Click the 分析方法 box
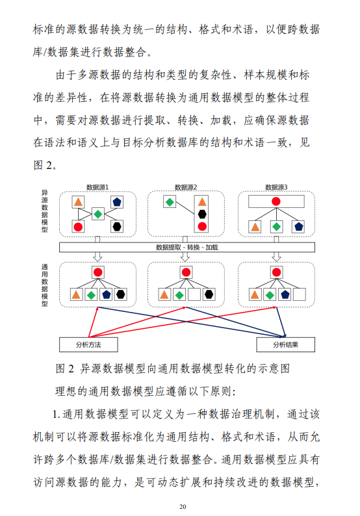click(88, 344)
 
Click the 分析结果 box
click(285, 344)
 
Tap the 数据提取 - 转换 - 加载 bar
click(187, 247)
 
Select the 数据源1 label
click(97, 187)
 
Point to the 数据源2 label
click(186, 187)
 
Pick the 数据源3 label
click(276, 187)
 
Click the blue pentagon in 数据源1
click(117, 201)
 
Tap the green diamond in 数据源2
click(170, 201)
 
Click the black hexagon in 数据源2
click(202, 214)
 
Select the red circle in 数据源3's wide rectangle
click(276, 201)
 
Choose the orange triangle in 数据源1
click(78, 201)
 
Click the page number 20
click(183, 507)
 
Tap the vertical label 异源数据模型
click(45, 211)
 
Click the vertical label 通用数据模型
click(45, 285)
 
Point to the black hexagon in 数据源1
click(117, 226)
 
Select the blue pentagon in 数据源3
click(298, 226)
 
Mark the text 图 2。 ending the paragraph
click(45, 165)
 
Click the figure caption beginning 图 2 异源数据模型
click(173, 368)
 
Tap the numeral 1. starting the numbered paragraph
click(57, 414)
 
